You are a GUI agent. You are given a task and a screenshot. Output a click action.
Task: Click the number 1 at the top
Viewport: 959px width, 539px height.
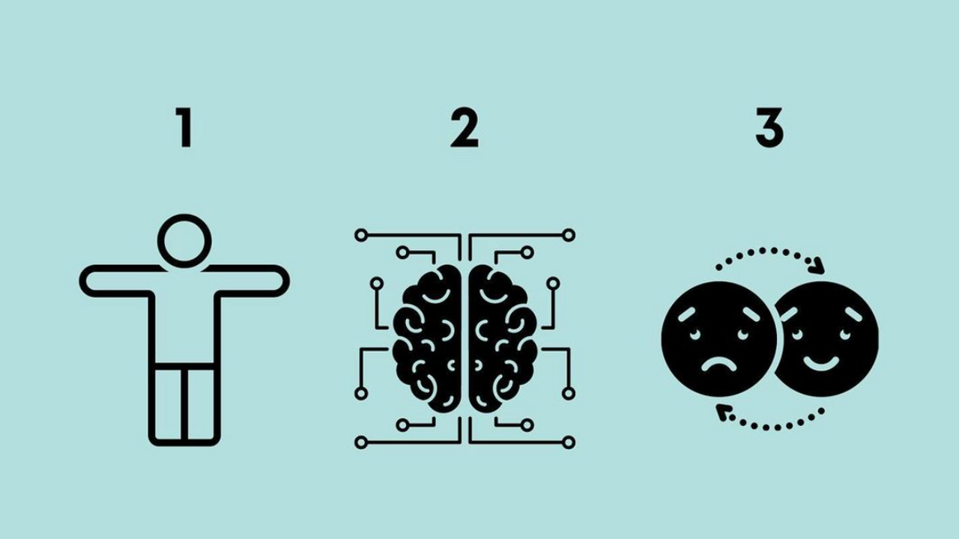coord(185,127)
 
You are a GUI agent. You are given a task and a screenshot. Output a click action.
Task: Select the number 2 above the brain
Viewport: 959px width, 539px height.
coord(465,127)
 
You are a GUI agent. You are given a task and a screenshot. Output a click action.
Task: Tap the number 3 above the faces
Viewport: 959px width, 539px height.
coord(769,127)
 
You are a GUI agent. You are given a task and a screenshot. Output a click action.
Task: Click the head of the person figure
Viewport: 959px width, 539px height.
coord(184,241)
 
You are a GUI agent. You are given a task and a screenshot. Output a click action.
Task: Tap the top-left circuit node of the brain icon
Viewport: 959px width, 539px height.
coord(361,235)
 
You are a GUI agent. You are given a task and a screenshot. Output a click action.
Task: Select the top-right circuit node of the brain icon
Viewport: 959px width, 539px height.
coord(569,235)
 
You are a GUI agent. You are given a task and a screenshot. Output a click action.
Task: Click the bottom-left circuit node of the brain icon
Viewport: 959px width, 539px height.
coord(361,442)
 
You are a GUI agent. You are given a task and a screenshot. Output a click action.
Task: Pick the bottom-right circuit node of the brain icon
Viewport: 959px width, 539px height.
coord(569,442)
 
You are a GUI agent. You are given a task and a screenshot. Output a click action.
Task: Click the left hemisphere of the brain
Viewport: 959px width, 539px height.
coord(428,338)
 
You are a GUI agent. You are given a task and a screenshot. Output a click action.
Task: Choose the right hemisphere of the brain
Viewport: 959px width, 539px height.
coord(502,338)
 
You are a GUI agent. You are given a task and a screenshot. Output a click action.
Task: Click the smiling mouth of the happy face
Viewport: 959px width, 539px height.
coord(821,364)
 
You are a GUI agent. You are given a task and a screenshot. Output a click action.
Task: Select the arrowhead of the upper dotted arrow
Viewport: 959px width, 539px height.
coord(819,266)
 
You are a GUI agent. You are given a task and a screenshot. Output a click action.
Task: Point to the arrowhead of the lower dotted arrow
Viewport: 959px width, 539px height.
coord(723,412)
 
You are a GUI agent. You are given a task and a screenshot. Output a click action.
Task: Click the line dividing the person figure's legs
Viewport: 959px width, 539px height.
coord(184,404)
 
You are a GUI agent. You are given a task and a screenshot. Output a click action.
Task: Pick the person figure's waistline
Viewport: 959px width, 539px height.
coord(184,366)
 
